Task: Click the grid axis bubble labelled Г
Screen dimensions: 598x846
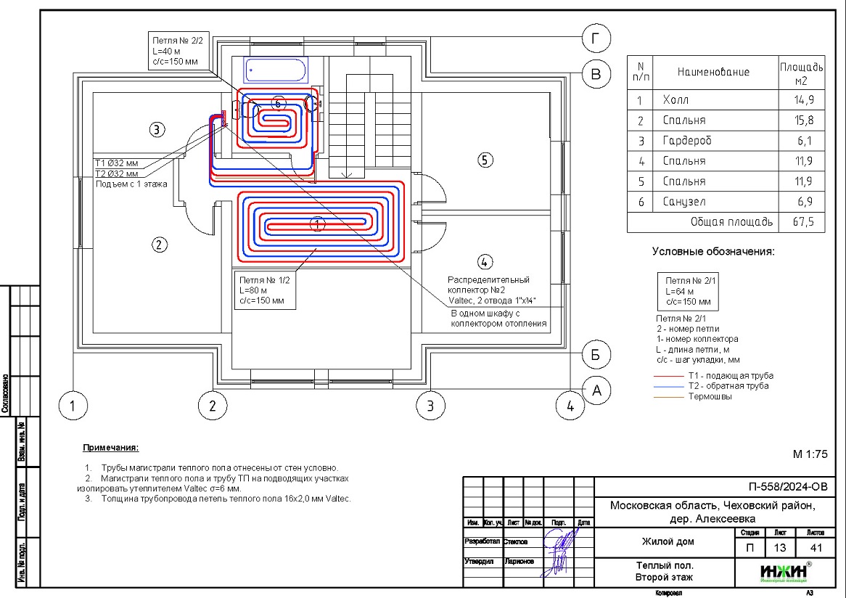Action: [596, 41]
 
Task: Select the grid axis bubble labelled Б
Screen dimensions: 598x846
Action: [596, 356]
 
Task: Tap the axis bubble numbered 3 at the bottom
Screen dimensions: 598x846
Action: [430, 405]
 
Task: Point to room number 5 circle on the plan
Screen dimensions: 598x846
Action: [485, 160]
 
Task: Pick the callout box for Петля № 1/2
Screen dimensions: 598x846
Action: [265, 289]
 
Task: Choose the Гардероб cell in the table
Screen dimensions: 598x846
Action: [683, 141]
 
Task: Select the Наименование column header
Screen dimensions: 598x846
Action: [712, 72]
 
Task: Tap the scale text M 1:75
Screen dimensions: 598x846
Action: [810, 455]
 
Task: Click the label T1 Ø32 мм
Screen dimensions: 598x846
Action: [117, 163]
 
